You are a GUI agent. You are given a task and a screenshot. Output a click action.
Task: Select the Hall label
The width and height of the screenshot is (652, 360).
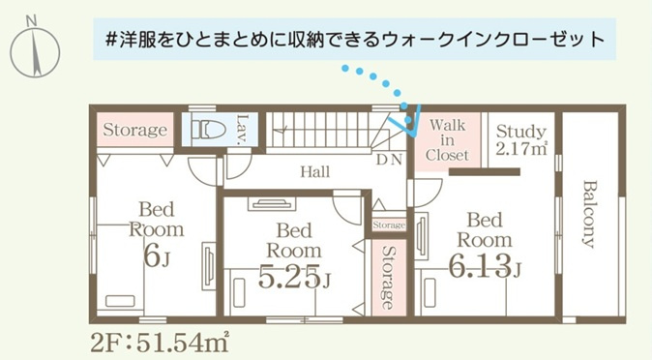pos(314,172)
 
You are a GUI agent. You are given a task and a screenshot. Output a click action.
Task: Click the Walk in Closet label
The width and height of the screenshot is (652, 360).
pos(447,139)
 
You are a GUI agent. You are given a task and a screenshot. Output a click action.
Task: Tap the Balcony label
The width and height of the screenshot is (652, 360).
pos(588,214)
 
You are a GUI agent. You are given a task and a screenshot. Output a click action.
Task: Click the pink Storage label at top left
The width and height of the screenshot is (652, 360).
pos(135,130)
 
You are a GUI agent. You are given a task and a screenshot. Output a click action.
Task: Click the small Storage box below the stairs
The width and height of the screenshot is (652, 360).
pos(388,225)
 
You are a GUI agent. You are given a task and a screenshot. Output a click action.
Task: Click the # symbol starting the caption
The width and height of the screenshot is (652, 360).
pos(112,40)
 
